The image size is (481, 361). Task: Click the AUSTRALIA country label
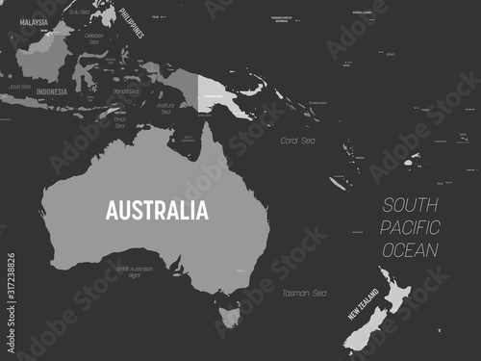[156, 210]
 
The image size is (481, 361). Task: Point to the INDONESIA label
[51, 91]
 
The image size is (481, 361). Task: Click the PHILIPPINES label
[132, 21]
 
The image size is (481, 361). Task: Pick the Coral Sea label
[297, 141]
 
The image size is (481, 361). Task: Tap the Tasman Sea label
[305, 293]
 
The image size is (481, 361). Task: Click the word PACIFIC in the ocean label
[411, 227]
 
